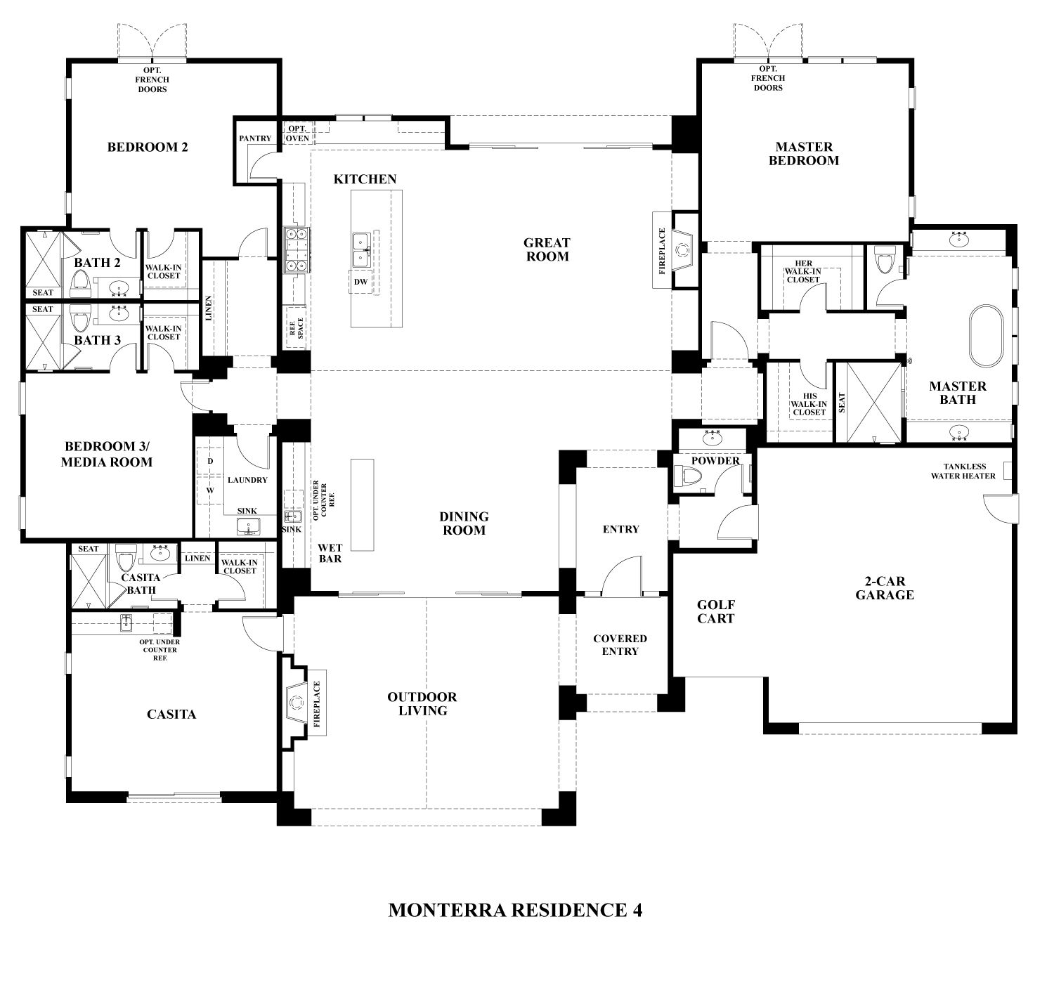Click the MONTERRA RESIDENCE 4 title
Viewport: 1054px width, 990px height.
515,910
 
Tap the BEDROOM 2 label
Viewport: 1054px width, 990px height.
148,147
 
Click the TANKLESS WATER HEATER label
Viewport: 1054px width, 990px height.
963,471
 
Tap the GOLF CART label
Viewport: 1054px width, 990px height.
715,612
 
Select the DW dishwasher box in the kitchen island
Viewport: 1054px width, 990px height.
360,282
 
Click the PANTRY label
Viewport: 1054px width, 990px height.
254,138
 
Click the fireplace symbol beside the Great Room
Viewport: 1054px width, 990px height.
681,249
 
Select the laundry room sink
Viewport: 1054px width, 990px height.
247,526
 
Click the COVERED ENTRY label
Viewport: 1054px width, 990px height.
620,645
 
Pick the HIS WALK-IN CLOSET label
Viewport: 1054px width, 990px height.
809,404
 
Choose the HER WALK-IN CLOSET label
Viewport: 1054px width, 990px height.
803,271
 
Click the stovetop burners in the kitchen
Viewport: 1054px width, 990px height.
295,249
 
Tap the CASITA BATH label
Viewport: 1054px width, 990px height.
141,583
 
